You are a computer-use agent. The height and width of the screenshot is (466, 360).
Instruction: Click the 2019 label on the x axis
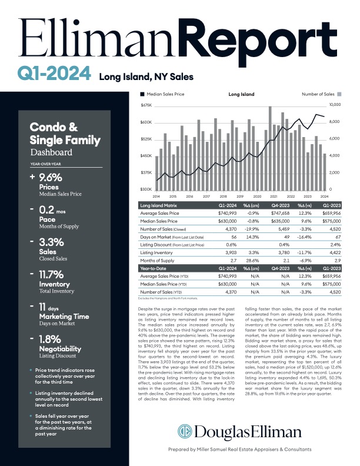[x=239, y=195]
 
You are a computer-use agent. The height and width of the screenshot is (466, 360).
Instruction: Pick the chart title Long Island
[x=241, y=94]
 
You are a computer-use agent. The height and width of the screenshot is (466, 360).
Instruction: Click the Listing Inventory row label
[x=155, y=252]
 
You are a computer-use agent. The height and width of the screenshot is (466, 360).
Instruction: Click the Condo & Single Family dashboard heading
[x=53, y=134]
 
